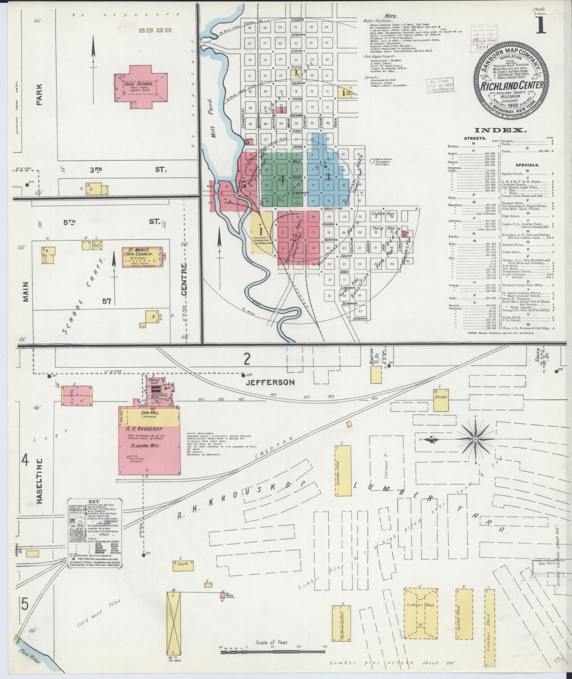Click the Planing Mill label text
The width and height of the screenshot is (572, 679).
(150, 446)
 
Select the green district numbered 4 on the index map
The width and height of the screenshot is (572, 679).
(282, 179)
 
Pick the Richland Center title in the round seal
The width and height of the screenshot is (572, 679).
(508, 84)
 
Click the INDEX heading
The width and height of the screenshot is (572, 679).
(500, 130)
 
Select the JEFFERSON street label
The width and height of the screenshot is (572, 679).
(270, 382)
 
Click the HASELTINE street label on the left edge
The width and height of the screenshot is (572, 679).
(40, 481)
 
